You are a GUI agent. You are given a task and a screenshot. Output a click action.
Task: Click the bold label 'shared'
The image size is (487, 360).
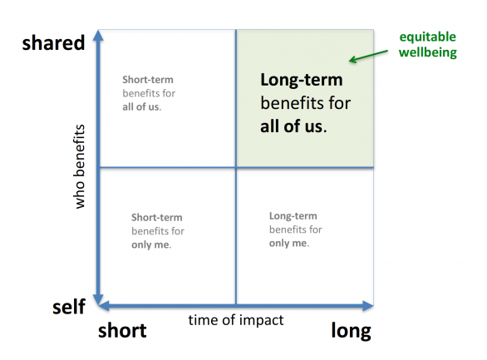point(53,42)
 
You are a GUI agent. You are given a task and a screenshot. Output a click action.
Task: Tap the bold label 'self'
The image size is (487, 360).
point(69,307)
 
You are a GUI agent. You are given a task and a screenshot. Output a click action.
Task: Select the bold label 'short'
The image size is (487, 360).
point(122,330)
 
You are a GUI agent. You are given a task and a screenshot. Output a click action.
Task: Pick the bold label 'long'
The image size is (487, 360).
point(351,331)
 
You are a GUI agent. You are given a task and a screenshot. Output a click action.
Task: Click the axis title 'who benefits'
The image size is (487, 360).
point(80,166)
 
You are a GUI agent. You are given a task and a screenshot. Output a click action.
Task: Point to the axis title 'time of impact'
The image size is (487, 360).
point(236,320)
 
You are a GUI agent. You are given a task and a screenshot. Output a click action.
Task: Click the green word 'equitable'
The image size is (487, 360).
point(428,37)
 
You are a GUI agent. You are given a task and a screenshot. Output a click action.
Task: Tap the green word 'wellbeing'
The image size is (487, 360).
point(428,52)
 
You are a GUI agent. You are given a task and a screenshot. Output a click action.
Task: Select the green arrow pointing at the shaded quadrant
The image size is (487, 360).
point(368,56)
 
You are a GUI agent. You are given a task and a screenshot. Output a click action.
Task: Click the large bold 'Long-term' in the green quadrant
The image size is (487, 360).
point(302,80)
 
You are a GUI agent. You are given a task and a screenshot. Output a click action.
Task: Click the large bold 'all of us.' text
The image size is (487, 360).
point(293,126)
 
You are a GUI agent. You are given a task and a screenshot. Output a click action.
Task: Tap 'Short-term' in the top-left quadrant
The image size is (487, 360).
point(148,80)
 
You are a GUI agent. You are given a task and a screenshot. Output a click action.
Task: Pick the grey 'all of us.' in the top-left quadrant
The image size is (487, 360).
point(142,107)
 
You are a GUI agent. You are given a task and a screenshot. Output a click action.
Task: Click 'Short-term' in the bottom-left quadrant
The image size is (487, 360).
point(157,218)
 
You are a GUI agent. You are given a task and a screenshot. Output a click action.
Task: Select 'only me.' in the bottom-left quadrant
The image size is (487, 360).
point(151,244)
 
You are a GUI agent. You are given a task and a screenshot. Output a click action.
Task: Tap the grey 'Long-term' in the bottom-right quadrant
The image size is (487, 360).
point(293,216)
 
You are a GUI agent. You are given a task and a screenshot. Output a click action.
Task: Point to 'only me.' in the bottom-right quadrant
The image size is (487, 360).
point(289,244)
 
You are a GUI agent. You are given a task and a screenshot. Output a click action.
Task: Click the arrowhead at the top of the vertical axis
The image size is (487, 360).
point(98,35)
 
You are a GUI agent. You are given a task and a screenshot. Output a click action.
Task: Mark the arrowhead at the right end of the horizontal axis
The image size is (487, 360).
point(367,306)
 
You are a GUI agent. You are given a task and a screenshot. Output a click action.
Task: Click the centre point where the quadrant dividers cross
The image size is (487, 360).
point(236,167)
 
